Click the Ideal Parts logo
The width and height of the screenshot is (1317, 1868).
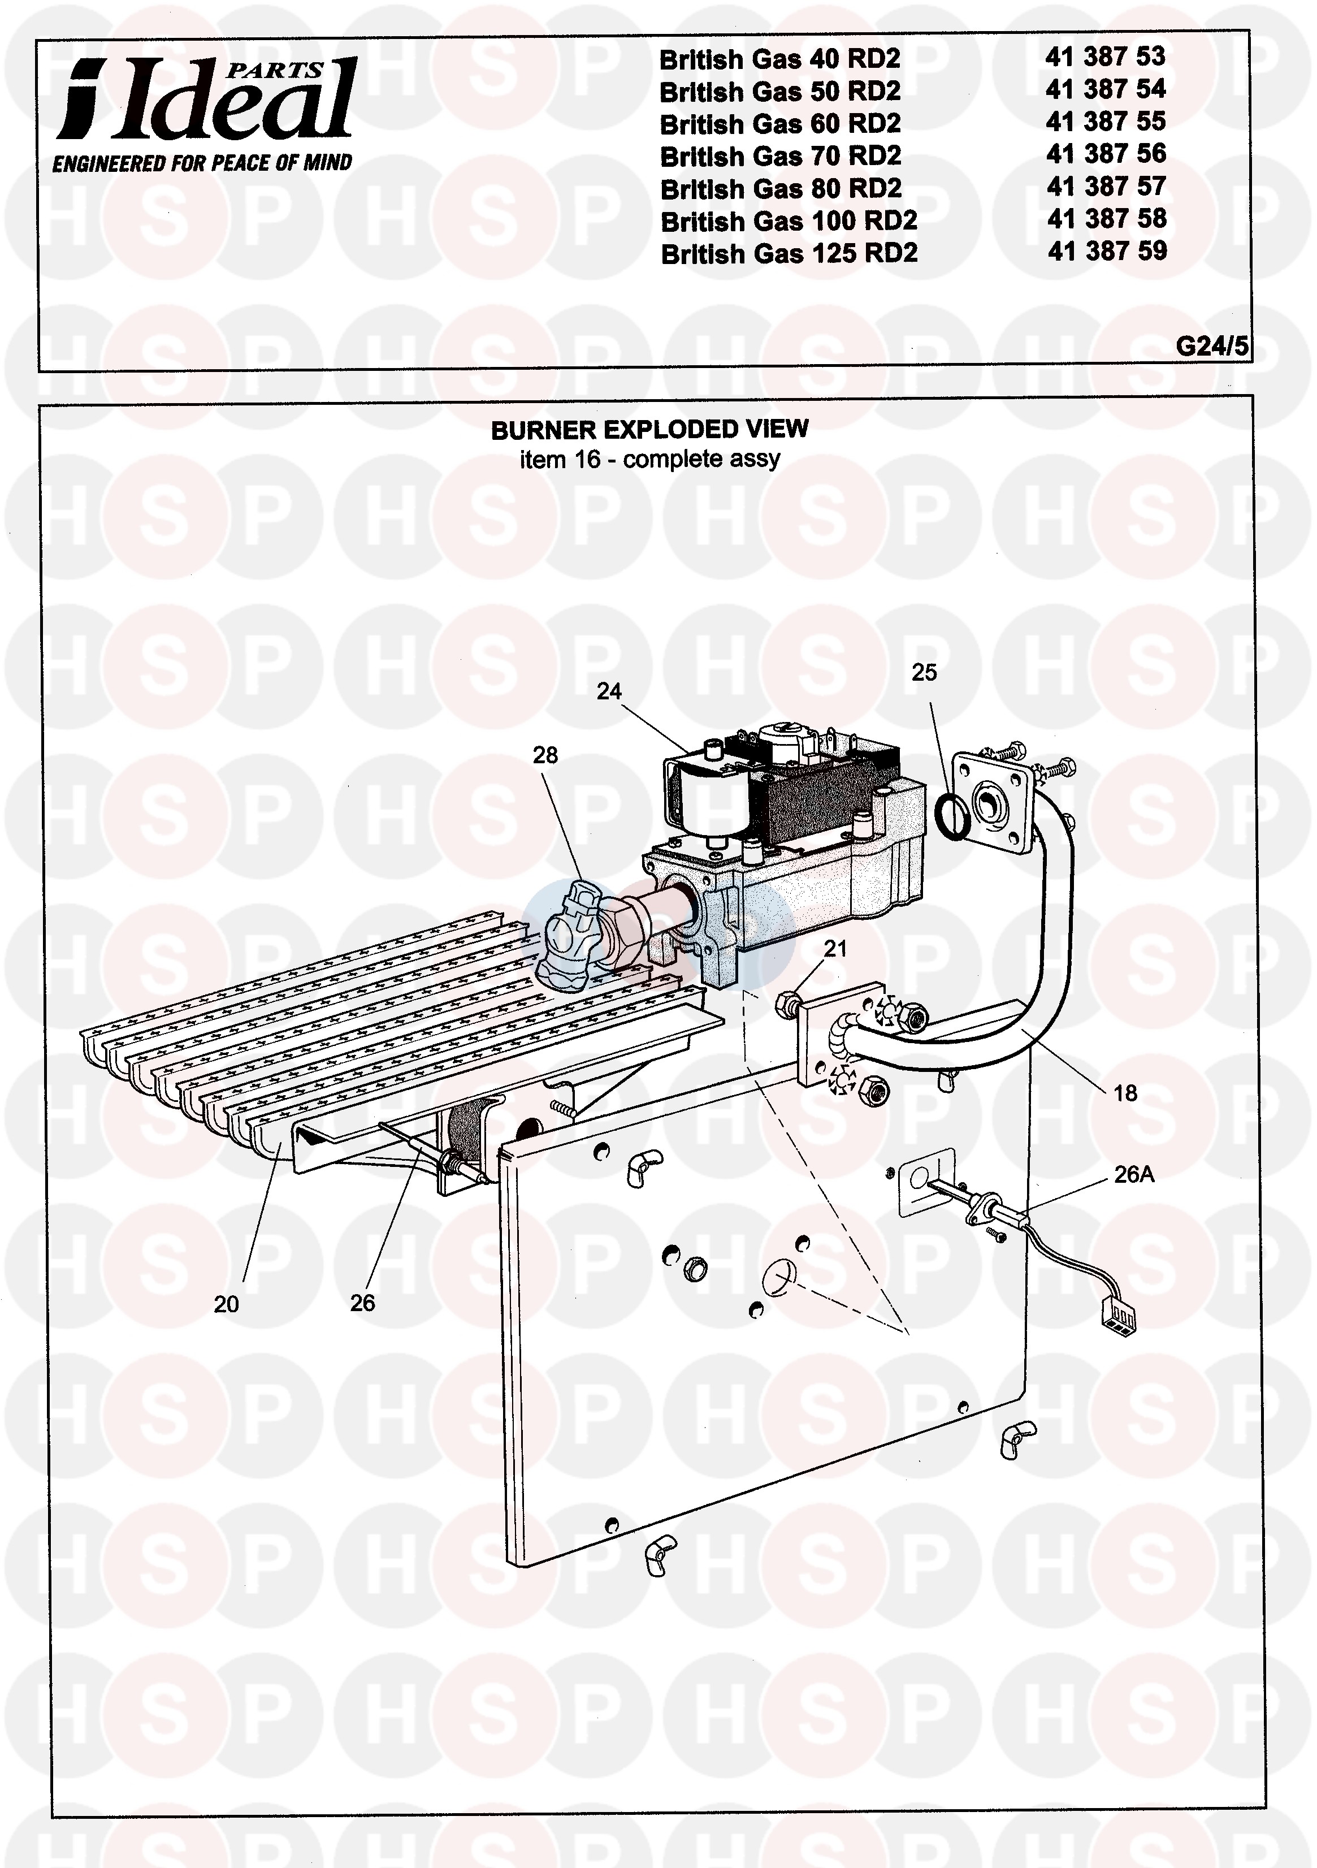click(x=207, y=100)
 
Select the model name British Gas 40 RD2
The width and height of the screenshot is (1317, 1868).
click(x=779, y=59)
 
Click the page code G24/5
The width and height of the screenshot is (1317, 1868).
click(x=1212, y=346)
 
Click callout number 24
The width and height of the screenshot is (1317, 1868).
click(x=608, y=691)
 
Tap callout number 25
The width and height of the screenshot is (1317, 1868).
click(x=924, y=672)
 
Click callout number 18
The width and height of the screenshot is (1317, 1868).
click(x=1125, y=1093)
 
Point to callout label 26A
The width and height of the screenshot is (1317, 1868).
click(x=1134, y=1174)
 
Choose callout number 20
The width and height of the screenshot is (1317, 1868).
click(x=226, y=1304)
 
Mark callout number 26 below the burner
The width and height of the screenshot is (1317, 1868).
click(x=363, y=1303)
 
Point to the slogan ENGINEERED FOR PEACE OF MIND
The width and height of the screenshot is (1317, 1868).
click(x=202, y=163)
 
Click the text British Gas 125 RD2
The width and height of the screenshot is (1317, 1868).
click(x=789, y=254)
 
